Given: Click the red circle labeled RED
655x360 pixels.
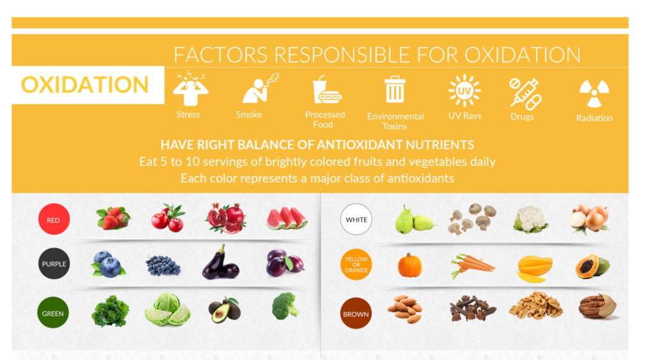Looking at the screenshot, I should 53,220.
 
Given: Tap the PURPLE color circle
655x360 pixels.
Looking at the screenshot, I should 53,263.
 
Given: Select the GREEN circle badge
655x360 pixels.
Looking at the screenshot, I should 53,313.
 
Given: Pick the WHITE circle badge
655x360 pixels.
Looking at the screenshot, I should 356,220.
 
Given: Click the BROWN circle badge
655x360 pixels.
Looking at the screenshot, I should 356,313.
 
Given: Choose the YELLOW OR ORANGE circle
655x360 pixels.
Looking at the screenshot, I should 356,265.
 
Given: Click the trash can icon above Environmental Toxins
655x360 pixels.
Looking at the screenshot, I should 395,90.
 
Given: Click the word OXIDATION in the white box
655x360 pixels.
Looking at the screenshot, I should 85,85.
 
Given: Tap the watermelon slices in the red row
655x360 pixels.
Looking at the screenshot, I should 286,218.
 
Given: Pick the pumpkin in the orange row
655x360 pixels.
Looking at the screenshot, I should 409,265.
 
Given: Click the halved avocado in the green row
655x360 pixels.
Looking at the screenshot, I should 225,309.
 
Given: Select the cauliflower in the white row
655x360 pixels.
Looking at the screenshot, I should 530,219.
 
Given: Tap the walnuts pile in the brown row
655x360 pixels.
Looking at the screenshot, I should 535,306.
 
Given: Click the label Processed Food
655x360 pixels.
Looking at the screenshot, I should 325,119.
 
